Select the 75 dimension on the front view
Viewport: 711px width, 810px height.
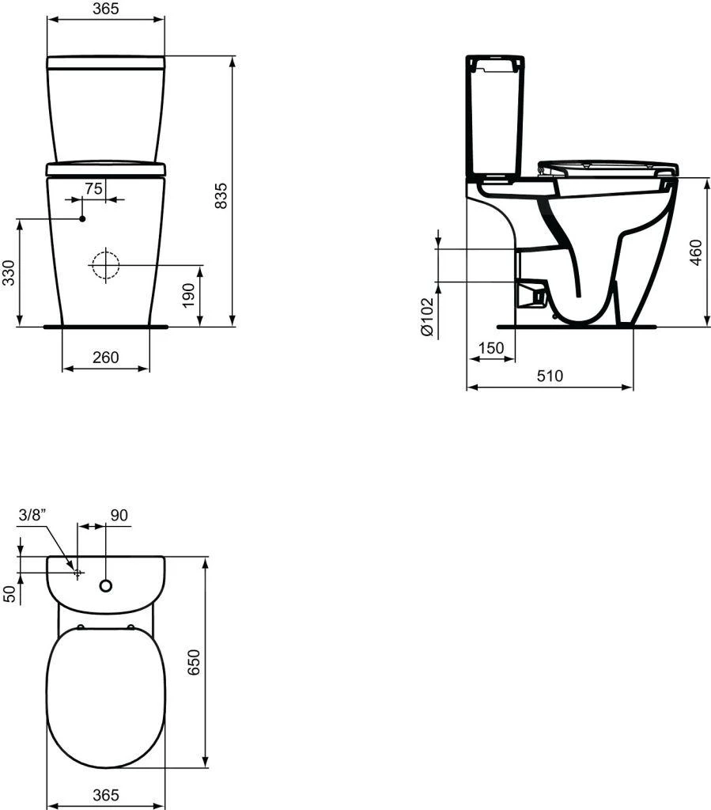coord(93,188)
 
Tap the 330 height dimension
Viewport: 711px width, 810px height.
coord(9,272)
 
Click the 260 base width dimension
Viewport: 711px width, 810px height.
coord(104,358)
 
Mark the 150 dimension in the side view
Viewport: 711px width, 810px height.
coord(490,348)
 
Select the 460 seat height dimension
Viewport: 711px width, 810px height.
coord(696,252)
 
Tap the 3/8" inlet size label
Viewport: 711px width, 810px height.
coord(32,515)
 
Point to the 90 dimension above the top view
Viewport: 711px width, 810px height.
coord(119,515)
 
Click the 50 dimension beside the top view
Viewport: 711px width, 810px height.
coord(9,593)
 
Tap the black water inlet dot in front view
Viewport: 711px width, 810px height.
coord(82,218)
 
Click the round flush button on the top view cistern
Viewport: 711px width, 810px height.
coord(105,586)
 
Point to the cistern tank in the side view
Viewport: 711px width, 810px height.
coord(494,115)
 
